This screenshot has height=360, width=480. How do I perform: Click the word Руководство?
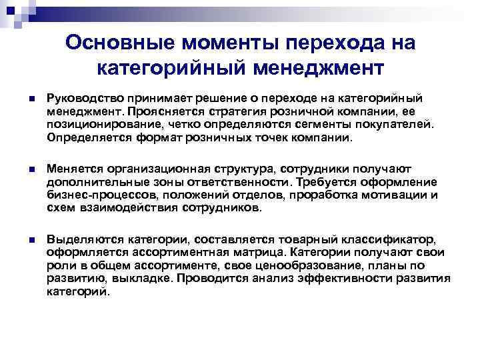pos(83,98)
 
